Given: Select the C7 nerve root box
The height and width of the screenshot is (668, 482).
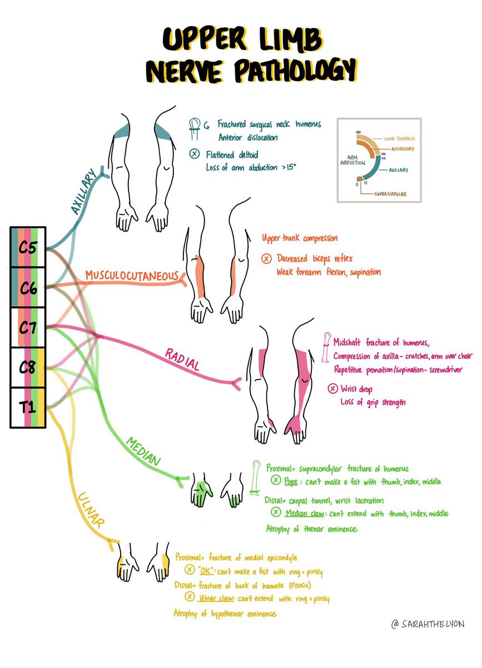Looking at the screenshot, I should coord(28,327).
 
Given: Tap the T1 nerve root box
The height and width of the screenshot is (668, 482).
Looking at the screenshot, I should coord(28,408).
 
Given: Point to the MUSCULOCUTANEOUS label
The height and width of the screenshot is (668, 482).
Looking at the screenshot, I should coord(131,276).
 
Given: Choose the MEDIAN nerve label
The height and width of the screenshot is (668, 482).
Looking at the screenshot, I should coord(143,452).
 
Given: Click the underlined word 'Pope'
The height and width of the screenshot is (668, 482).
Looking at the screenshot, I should coord(291,480).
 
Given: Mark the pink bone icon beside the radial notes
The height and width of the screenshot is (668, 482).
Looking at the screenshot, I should coord(326,348).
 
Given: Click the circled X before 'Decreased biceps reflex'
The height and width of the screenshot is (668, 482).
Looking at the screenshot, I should coord(266,258).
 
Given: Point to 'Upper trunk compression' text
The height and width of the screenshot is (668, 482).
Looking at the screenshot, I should coord(300,238).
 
